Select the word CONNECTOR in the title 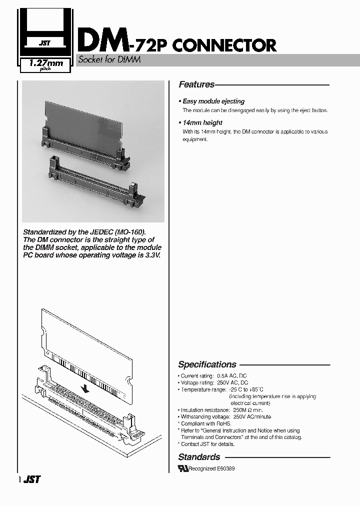224,45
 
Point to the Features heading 196,84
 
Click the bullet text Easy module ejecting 213,101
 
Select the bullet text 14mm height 202,122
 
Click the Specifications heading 207,364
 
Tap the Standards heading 199,456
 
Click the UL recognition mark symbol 183,468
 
